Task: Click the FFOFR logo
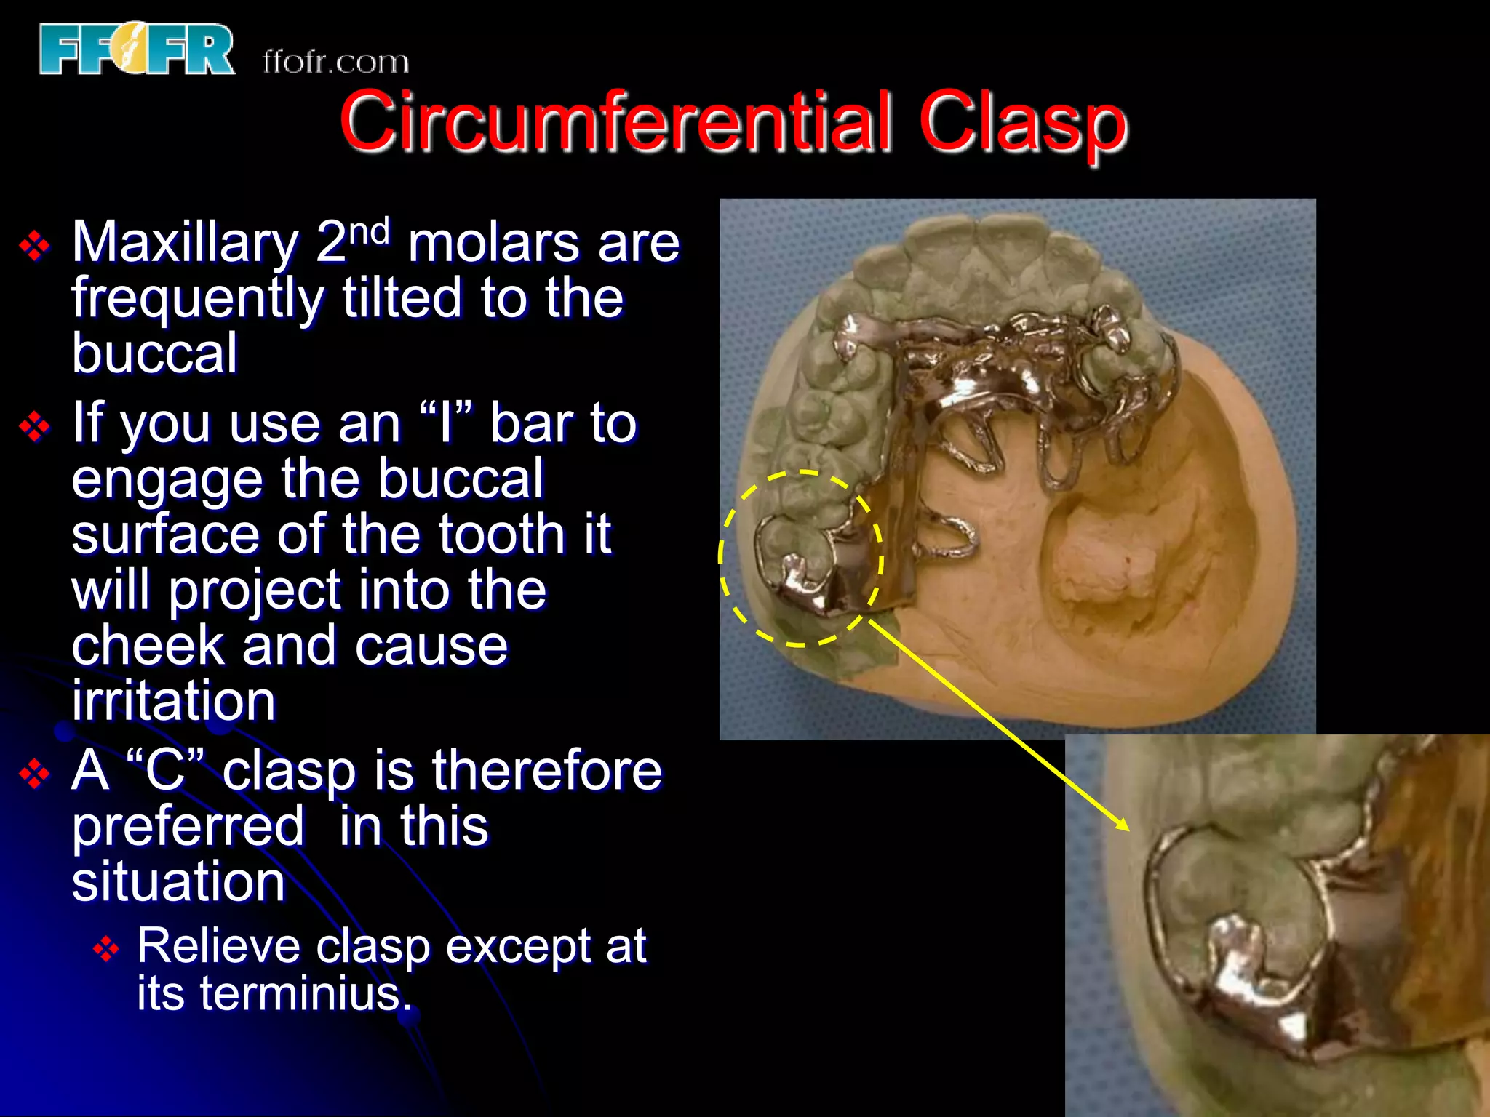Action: coord(137,49)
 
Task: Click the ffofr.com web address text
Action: coord(335,63)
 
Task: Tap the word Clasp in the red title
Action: coord(1022,122)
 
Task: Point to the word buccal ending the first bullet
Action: coord(154,353)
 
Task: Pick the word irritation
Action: coord(173,701)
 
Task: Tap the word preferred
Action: coord(188,827)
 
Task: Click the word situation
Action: coord(178,882)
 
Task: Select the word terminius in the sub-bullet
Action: coord(299,994)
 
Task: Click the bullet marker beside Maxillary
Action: coord(34,247)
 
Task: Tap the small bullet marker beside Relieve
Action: coord(106,949)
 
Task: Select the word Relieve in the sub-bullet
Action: coord(218,946)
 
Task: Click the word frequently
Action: coord(197,299)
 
